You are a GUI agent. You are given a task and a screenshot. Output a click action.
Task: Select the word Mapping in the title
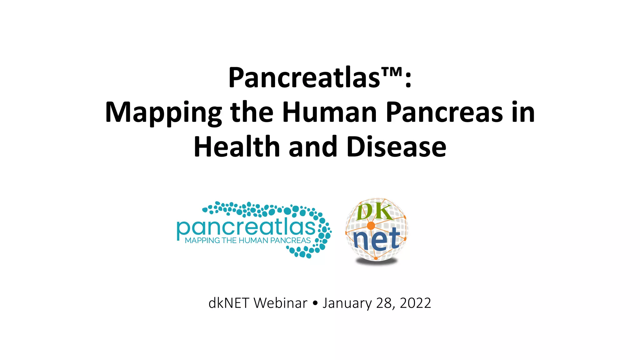[x=163, y=113]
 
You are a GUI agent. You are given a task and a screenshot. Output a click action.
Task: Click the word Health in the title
[x=237, y=147]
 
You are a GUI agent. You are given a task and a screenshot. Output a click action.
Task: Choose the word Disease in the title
[x=396, y=147]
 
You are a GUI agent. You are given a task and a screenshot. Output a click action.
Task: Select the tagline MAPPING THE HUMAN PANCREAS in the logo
[x=248, y=241]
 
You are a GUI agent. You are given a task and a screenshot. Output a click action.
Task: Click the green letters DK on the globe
[x=374, y=212]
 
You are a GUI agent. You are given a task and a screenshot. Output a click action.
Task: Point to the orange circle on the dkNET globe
[x=371, y=226]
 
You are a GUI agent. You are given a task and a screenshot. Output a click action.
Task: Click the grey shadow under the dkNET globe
[x=377, y=262]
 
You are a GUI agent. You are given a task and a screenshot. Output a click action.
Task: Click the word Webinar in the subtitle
[x=280, y=303]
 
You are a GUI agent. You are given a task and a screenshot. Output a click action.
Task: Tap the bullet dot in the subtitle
[x=315, y=303]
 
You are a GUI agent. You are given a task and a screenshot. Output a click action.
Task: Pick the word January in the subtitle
[x=347, y=303]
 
